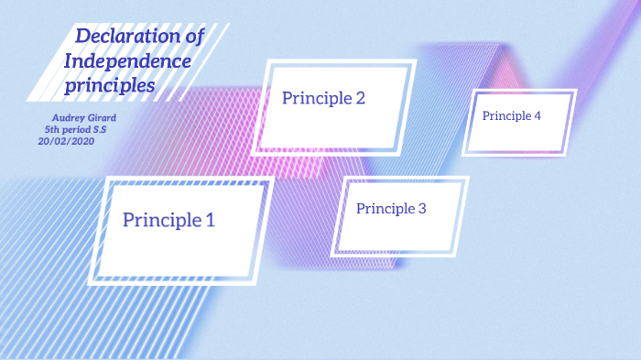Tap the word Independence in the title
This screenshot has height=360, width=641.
coord(127,62)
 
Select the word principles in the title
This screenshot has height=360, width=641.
coord(109,87)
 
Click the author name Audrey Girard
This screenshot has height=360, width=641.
coord(83,118)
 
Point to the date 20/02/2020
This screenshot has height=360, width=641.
coord(66,141)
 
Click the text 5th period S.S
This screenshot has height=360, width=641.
coord(75,130)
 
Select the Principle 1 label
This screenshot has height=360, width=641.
coord(168,220)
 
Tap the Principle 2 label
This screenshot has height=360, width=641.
coord(323,98)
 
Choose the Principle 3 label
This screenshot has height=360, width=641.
coord(391,209)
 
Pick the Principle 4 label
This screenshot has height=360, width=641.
coord(512,116)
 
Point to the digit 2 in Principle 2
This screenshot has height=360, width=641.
coord(360,98)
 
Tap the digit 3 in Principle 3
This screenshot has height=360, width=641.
coord(422,209)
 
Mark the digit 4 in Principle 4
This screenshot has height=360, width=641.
coord(538,116)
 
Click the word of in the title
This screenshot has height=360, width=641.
coord(190,37)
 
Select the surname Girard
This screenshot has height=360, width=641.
coord(101,118)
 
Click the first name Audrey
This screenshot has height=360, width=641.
coord(66,118)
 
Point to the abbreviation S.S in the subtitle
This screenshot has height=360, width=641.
coord(99,130)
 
